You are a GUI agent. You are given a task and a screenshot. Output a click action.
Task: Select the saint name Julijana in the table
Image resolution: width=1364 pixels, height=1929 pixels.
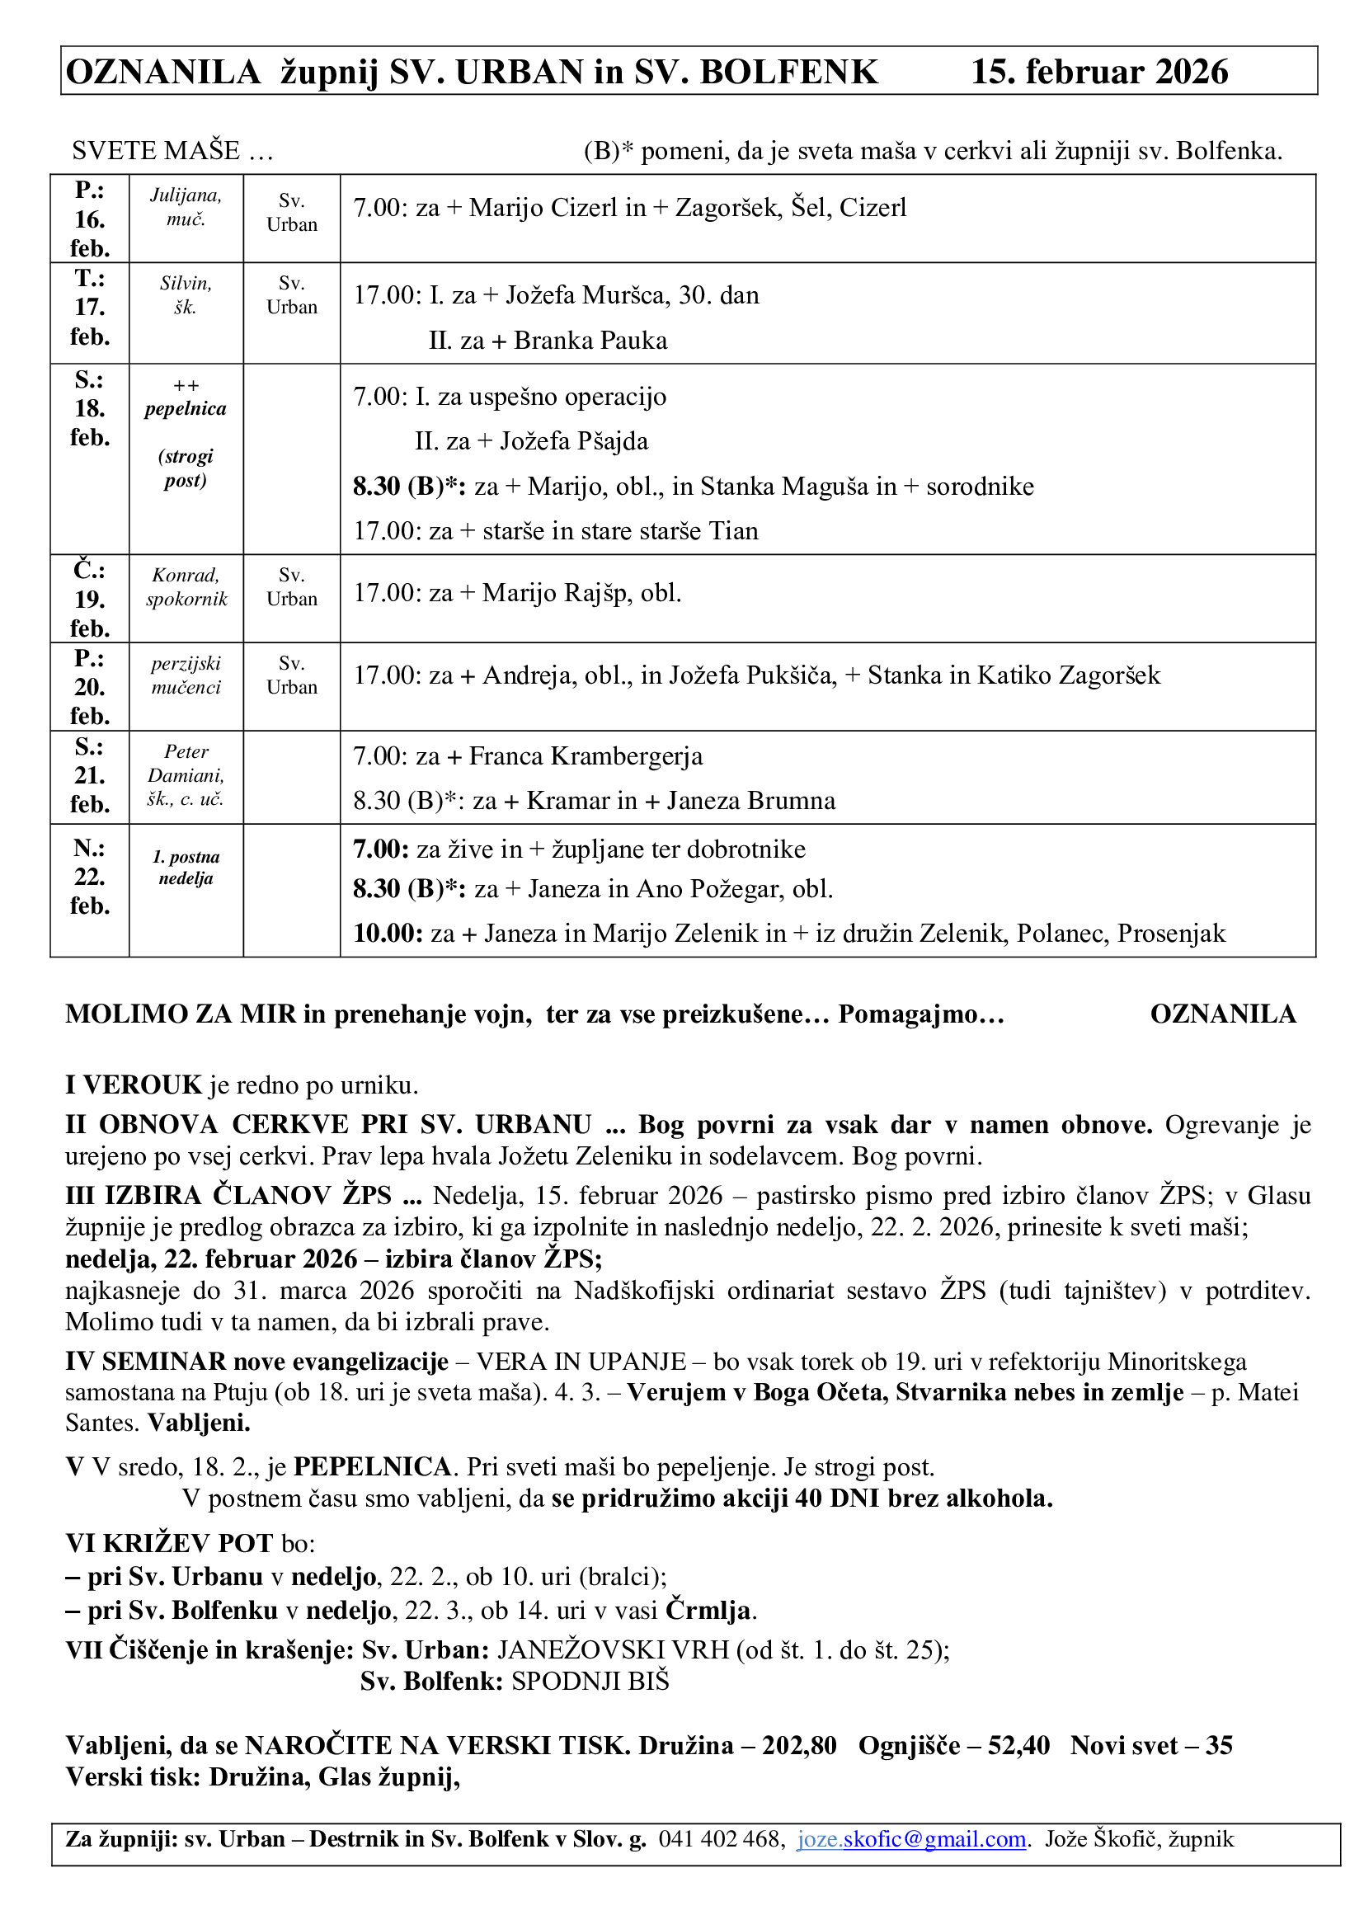pyautogui.click(x=186, y=195)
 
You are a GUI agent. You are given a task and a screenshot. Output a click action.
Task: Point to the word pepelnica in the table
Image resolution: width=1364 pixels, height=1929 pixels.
pyautogui.click(x=186, y=409)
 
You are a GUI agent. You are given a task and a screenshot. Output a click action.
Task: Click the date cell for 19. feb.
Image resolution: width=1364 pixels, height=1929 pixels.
pyautogui.click(x=89, y=599)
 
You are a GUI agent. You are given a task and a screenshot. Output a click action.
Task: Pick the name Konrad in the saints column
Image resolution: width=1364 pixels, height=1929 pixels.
pyautogui.click(x=186, y=576)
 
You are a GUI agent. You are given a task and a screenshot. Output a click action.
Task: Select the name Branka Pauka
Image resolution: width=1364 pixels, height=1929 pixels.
pyautogui.click(x=590, y=341)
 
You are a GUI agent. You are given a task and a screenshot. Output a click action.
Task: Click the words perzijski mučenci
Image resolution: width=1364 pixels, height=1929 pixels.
pyautogui.click(x=186, y=675)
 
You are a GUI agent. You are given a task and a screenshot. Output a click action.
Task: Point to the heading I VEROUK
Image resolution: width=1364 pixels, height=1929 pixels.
pyautogui.click(x=134, y=1085)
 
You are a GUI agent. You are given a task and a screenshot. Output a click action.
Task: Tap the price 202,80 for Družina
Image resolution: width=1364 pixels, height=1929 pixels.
pyautogui.click(x=799, y=1746)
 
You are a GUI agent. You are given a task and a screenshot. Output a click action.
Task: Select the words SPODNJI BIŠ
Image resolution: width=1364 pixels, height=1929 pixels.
pyautogui.click(x=590, y=1681)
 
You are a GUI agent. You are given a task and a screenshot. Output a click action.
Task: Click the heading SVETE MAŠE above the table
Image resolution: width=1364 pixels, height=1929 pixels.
pyautogui.click(x=156, y=151)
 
